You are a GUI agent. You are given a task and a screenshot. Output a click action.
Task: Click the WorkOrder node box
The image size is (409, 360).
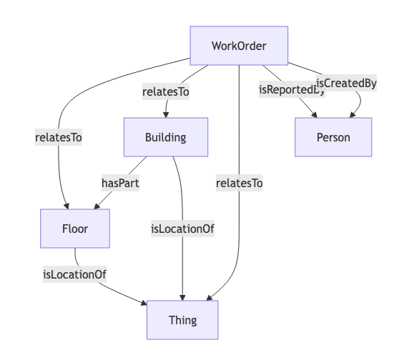[239, 46]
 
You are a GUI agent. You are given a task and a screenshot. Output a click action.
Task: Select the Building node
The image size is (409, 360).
[166, 137]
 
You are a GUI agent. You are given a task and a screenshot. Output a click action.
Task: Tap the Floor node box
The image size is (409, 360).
[75, 229]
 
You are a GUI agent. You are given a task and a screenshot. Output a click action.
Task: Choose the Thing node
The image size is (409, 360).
[182, 320]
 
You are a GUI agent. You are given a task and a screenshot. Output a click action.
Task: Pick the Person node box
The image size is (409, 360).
[333, 137]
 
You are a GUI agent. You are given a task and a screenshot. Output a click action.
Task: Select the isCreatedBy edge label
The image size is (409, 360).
[346, 83]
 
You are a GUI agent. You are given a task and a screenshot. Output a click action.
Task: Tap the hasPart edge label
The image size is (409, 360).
[120, 182]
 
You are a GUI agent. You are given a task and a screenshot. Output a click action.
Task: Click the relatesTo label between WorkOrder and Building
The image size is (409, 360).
[166, 91]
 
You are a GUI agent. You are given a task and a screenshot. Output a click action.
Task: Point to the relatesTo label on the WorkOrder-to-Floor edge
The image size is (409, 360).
[59, 137]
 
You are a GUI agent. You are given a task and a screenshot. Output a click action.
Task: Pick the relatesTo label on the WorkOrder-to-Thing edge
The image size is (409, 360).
[239, 184]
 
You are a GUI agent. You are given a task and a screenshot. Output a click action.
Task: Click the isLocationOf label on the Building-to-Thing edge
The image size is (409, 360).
[183, 229]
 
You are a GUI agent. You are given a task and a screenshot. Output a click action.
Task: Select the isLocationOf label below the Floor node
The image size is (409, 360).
[75, 274]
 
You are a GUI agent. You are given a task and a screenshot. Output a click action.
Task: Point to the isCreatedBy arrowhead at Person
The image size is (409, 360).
[350, 114]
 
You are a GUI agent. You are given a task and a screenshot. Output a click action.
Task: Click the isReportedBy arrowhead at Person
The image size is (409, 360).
[315, 114]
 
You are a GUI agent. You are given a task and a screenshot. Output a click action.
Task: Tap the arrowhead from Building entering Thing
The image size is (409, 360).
[183, 297]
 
